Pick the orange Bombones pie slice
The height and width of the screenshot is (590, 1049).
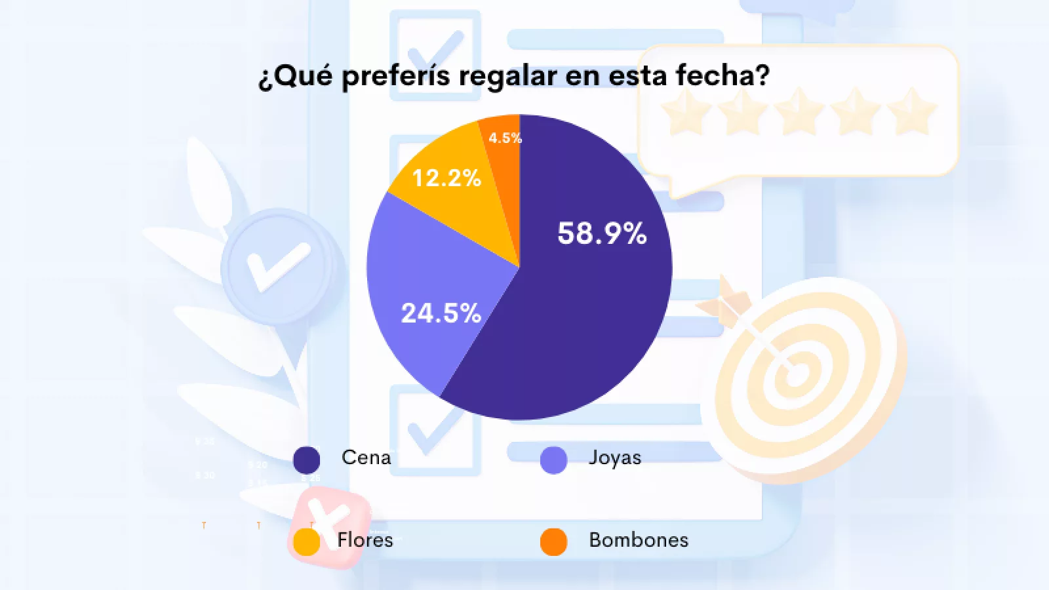[x=504, y=157]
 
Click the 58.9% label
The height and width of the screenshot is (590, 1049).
[x=602, y=233]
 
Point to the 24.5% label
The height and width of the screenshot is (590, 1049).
[x=441, y=313]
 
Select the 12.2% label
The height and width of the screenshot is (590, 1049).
[x=446, y=178]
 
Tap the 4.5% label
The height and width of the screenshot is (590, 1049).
[x=505, y=138]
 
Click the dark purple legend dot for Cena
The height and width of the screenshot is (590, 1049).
[x=306, y=460]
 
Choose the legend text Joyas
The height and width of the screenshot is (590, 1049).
[x=614, y=458]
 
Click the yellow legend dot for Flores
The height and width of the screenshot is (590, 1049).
[x=306, y=541]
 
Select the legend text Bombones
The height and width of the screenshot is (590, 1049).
[x=639, y=540]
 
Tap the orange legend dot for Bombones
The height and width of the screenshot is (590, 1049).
[x=553, y=541]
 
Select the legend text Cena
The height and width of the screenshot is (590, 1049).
[x=366, y=458]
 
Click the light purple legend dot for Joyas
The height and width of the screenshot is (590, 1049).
[x=553, y=460]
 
